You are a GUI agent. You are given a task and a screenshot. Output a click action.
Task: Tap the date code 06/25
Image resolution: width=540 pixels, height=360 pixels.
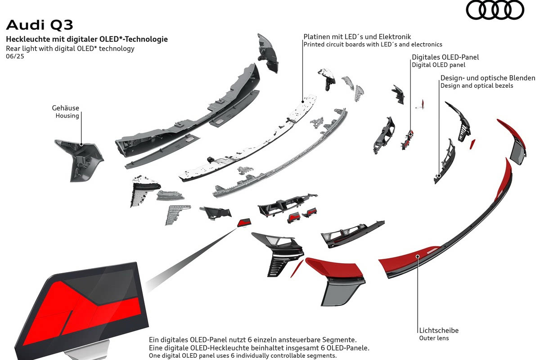tap(15, 57)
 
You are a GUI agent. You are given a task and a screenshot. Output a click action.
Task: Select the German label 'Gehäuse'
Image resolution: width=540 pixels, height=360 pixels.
tap(65, 108)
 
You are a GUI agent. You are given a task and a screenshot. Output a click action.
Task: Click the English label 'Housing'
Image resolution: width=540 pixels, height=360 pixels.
tap(67, 116)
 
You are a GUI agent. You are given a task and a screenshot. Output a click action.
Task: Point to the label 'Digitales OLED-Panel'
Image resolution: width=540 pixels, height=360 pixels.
tap(445, 57)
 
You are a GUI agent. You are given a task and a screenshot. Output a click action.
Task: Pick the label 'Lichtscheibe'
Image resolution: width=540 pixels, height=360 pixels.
tap(439, 330)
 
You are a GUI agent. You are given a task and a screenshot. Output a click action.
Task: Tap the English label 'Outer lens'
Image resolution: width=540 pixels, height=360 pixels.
tap(434, 338)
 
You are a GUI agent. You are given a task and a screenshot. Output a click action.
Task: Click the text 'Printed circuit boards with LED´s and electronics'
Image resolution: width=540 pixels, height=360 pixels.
tap(373, 45)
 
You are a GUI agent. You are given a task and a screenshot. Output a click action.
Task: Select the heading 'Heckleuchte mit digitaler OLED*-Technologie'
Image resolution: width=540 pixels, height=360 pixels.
tap(87, 39)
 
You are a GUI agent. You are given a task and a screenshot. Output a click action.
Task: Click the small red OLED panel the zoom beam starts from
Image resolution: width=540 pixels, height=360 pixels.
tap(244, 222)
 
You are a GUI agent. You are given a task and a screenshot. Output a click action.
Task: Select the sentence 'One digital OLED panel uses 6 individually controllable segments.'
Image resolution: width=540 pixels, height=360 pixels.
tap(243, 356)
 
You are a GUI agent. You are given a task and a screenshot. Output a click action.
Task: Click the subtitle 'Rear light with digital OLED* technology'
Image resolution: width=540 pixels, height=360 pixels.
tap(70, 49)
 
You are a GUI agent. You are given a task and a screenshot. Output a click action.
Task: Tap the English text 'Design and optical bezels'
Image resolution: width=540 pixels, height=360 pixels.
tap(477, 85)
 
